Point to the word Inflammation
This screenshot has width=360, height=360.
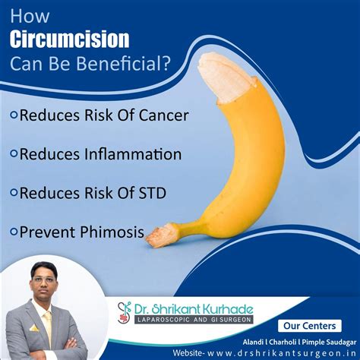tap(133, 153)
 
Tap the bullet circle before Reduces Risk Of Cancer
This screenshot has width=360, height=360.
tap(14, 117)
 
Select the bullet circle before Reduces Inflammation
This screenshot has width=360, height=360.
tap(14, 154)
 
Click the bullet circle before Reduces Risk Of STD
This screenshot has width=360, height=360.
tap(14, 192)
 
